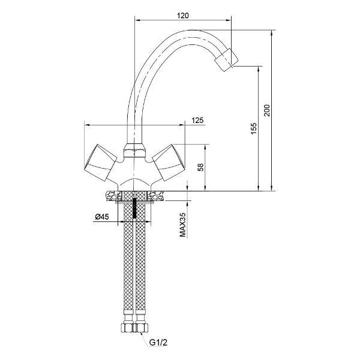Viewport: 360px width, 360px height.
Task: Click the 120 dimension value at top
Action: (183, 16)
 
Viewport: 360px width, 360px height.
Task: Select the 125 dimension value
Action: (197, 121)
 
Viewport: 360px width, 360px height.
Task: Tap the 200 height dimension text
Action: (267, 110)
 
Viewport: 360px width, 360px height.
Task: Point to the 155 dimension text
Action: (254, 128)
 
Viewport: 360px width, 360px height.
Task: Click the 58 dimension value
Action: (200, 167)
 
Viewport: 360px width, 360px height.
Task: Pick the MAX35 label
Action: (182, 224)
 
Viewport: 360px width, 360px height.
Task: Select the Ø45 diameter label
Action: (102, 217)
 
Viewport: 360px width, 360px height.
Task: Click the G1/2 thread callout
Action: (158, 343)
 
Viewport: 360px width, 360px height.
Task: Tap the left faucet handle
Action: (100, 163)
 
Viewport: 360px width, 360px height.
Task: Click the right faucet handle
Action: (169, 162)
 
